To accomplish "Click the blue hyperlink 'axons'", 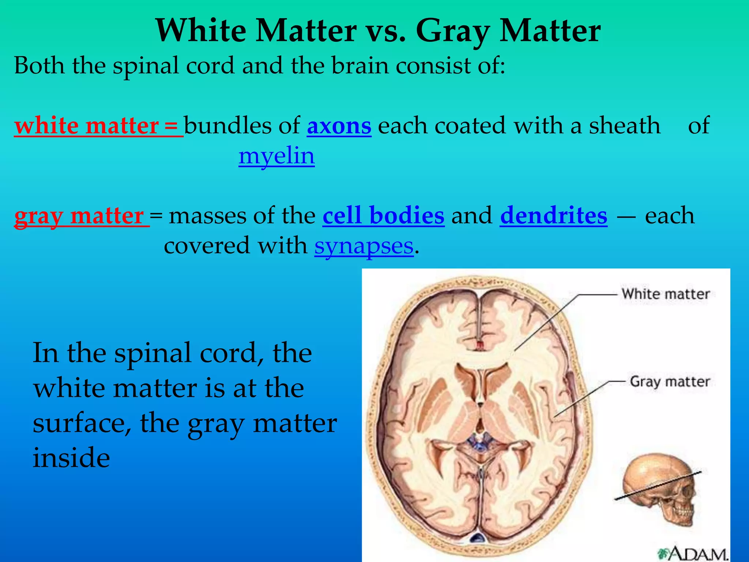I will (x=339, y=126).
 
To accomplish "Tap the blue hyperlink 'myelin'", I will (x=276, y=156).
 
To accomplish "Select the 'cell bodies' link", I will (x=383, y=216).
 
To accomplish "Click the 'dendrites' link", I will (x=553, y=216).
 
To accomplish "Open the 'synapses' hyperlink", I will (x=364, y=246).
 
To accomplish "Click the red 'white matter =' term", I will (x=98, y=126).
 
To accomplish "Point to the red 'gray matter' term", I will (x=81, y=216).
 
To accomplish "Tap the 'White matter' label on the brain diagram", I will (x=665, y=294).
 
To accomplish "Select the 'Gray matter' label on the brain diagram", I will (x=670, y=382).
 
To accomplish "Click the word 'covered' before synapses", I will (x=207, y=246).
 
